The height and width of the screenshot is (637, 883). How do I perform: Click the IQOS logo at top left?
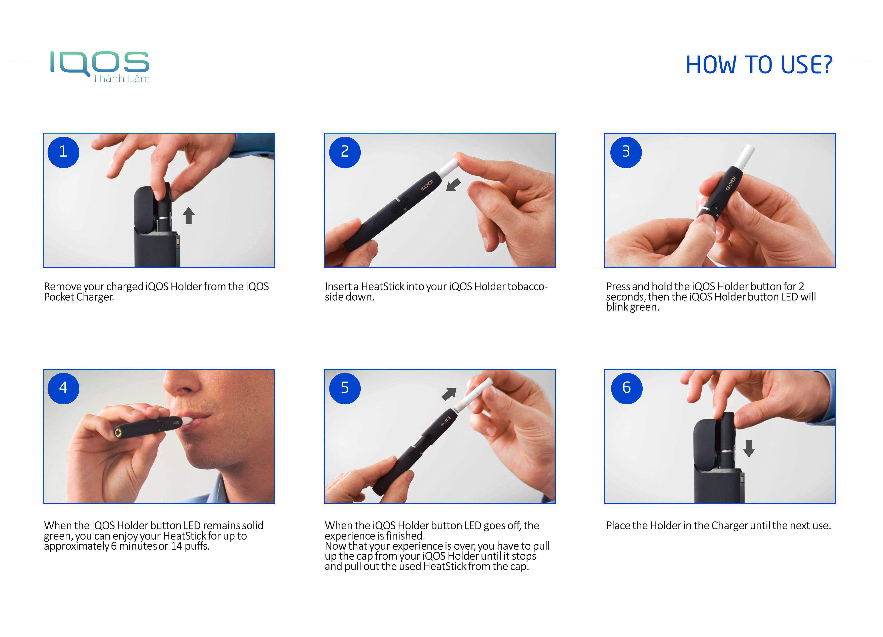coord(99,62)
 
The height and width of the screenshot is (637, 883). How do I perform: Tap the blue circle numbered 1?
coord(63,152)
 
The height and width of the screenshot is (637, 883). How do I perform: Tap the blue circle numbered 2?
coord(345,152)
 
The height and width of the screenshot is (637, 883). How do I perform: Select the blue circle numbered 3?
coord(626,152)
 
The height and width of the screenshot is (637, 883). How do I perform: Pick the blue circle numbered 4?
coord(63,388)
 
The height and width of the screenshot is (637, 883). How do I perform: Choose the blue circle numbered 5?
coord(345,388)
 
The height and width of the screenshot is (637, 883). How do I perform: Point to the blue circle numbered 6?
coord(627,388)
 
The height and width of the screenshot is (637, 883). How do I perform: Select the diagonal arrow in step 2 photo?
coord(453,185)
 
